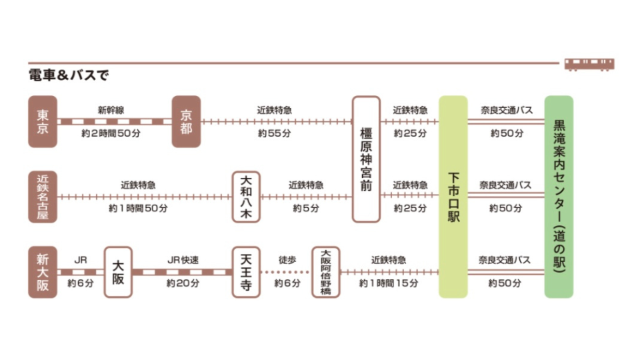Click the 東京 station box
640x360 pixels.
click(x=43, y=121)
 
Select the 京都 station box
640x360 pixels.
click(x=186, y=121)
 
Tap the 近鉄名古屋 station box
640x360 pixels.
click(x=43, y=197)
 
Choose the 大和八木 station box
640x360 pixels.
click(x=246, y=197)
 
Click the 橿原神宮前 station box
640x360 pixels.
click(x=366, y=159)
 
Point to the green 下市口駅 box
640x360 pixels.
click(x=453, y=197)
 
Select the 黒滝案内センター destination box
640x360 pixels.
click(x=559, y=197)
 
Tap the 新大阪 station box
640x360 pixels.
click(x=43, y=272)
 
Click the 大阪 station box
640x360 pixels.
click(x=118, y=272)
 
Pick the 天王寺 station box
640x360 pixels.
click(x=246, y=272)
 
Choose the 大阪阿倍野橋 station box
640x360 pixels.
click(x=326, y=272)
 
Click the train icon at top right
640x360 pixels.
click(x=589, y=64)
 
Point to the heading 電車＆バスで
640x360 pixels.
click(x=68, y=75)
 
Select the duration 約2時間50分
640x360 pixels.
click(x=111, y=133)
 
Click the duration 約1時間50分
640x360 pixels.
click(x=138, y=209)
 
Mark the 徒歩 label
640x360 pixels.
click(x=287, y=260)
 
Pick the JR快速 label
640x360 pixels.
click(x=182, y=260)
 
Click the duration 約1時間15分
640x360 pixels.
click(x=389, y=283)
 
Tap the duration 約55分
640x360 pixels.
click(x=275, y=133)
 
